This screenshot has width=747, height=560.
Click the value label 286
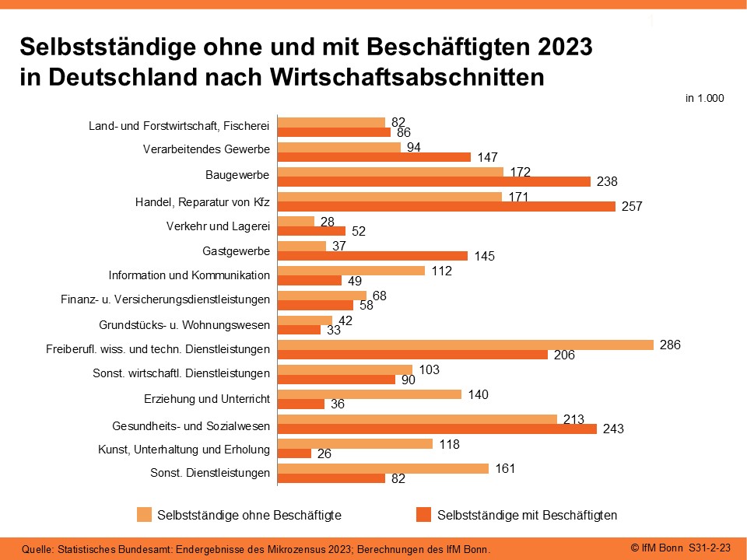(x=669, y=345)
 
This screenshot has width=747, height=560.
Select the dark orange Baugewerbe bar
(x=434, y=181)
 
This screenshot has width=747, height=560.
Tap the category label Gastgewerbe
(x=236, y=251)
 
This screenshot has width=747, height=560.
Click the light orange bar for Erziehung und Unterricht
(x=370, y=394)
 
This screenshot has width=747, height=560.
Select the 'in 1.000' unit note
(x=705, y=99)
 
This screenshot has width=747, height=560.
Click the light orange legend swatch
(x=144, y=514)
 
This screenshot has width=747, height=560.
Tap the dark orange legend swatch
(x=424, y=514)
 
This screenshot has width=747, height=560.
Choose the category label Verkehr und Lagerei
(x=218, y=227)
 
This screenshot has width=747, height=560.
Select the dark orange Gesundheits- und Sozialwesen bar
(x=437, y=429)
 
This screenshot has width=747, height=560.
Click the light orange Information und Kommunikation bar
(x=352, y=271)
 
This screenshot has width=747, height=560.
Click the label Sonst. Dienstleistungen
(x=210, y=472)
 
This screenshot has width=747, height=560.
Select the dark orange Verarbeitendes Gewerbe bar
(x=374, y=157)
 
